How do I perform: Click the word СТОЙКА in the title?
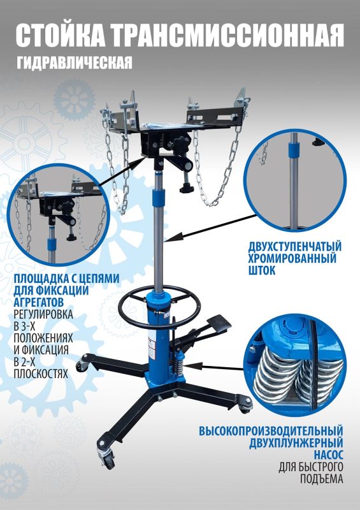coord(61,36)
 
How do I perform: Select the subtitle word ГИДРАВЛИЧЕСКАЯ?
coord(75,62)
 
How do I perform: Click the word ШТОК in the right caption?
coord(262,270)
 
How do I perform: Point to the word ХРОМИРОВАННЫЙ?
coord(292,258)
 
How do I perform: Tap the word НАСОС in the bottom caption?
coord(328,454)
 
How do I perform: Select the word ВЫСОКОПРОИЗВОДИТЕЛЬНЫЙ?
coord(271,431)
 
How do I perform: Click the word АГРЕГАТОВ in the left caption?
coord(38,302)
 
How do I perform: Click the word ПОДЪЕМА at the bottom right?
coord(321,479)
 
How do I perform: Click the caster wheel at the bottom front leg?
coord(108,460)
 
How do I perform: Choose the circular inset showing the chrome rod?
coord(295,180)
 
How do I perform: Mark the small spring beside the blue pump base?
coord(178,366)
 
